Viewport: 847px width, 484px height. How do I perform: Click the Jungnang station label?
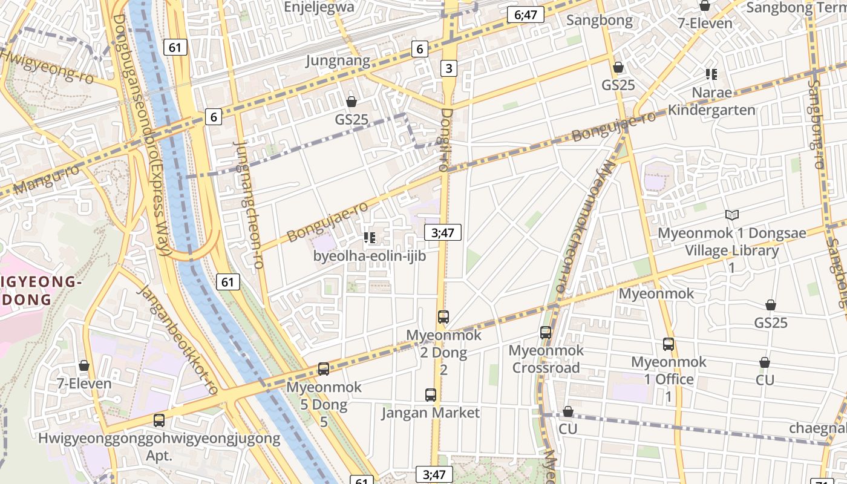click(x=338, y=61)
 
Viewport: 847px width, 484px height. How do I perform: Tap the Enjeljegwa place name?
click(x=319, y=7)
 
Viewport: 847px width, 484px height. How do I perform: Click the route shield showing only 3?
click(x=448, y=68)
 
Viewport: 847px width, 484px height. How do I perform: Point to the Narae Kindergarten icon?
click(x=711, y=74)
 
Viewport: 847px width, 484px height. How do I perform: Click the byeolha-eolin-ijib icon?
click(x=370, y=238)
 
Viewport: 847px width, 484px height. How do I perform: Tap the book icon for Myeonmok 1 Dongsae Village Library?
click(x=732, y=215)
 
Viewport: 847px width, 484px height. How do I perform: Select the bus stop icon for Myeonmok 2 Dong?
click(x=443, y=316)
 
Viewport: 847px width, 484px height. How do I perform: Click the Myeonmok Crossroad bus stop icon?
click(x=546, y=332)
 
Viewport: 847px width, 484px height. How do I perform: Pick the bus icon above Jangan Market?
click(x=431, y=395)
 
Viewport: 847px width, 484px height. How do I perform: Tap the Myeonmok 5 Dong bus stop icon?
click(x=324, y=369)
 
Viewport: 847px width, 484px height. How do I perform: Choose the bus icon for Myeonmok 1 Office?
click(x=669, y=344)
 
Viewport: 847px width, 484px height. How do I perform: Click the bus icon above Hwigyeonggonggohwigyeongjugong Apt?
click(x=159, y=420)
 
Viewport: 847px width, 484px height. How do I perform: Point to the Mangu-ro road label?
click(x=46, y=180)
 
